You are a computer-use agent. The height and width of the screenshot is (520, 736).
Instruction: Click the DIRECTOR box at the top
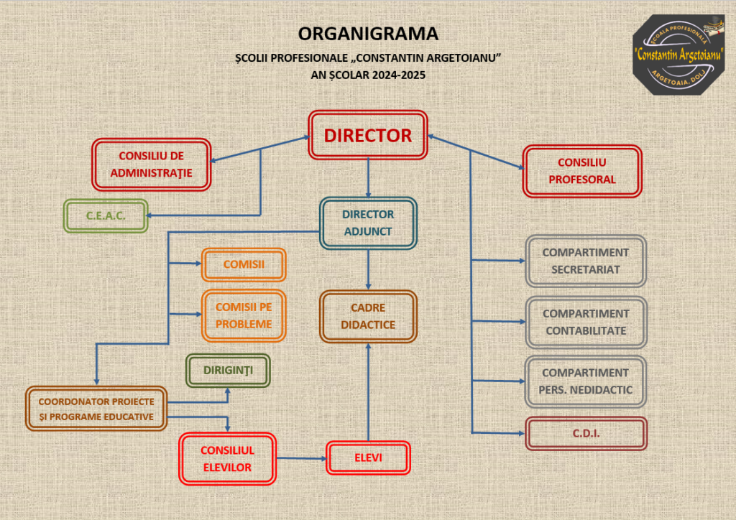(x=368, y=135)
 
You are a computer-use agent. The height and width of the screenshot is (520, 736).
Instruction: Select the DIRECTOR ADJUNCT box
(x=368, y=223)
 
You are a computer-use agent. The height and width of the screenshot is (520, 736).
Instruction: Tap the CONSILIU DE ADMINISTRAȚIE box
(x=151, y=164)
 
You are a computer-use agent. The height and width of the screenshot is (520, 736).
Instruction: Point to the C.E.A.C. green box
(x=106, y=215)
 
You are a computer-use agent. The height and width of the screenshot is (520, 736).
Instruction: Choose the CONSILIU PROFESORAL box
(x=582, y=171)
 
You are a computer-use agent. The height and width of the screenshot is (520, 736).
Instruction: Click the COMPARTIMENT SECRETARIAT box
(x=586, y=261)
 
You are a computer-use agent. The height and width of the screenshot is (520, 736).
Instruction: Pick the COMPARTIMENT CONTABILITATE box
(x=586, y=322)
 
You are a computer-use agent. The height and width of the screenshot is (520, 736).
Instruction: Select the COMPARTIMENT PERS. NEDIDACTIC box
(x=585, y=381)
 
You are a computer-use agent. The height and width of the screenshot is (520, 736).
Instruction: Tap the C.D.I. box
(x=586, y=433)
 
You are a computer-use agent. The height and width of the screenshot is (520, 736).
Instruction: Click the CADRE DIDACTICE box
(x=368, y=317)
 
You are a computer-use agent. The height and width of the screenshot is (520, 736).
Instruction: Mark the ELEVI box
(x=368, y=458)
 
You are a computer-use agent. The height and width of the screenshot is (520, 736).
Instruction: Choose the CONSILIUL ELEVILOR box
(x=227, y=458)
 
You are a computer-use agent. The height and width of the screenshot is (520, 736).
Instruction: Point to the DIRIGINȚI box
(x=228, y=371)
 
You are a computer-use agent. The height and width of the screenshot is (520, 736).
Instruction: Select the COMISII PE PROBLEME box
(x=244, y=315)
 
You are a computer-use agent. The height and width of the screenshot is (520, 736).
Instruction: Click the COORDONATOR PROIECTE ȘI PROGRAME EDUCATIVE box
(x=96, y=409)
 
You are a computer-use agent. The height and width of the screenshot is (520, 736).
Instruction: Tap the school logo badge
(x=678, y=55)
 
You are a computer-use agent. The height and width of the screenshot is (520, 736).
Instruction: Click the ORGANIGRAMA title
(x=368, y=34)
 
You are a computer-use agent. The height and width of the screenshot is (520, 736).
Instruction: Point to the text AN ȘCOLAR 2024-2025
(x=368, y=75)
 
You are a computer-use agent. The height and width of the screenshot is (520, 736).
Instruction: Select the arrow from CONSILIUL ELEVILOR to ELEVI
(x=301, y=458)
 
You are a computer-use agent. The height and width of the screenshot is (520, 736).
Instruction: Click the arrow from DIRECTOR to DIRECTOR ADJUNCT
(x=368, y=178)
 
